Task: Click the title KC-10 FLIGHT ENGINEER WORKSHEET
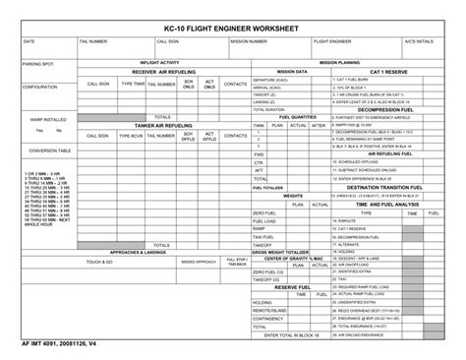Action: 232,28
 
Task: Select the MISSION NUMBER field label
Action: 249,42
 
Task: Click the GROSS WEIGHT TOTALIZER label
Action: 281,252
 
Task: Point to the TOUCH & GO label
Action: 98,263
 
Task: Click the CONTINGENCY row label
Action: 267,318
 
